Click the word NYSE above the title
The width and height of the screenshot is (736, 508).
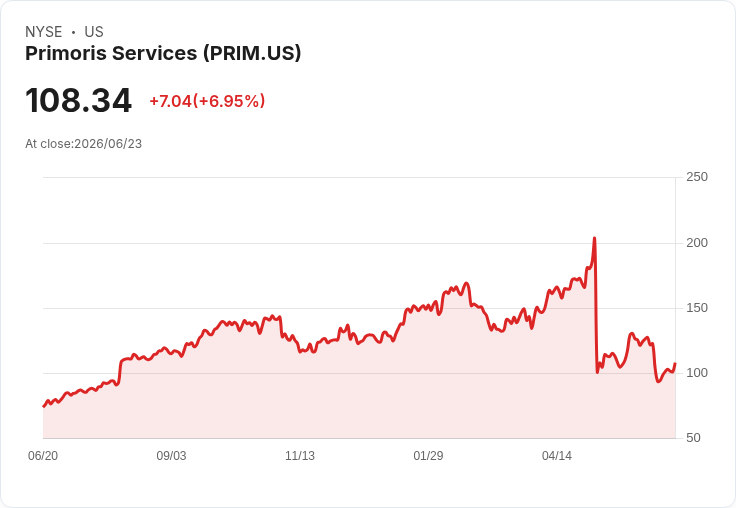click(44, 32)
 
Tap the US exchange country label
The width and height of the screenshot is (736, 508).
click(94, 32)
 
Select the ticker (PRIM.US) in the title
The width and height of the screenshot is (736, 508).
click(252, 54)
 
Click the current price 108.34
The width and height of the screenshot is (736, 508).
click(78, 100)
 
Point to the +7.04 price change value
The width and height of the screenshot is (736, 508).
click(170, 101)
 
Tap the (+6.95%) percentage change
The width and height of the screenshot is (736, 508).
click(229, 101)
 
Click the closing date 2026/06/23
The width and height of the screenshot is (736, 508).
click(108, 144)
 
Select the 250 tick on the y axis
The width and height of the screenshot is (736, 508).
click(697, 177)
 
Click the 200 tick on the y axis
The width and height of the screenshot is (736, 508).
click(697, 243)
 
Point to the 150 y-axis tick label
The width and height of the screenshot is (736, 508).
click(697, 308)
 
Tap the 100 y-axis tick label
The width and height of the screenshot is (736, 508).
click(697, 373)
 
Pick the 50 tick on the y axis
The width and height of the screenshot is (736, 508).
click(693, 438)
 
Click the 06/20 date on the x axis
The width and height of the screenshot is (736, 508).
click(43, 456)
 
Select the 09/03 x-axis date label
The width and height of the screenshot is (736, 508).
click(171, 456)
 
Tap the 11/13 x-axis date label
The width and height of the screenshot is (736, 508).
click(300, 456)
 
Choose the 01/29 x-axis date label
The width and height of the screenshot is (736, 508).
click(428, 456)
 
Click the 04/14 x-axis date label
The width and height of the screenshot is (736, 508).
click(557, 456)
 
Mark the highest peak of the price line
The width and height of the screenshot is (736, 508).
click(594, 238)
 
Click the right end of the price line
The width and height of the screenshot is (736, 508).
click(675, 363)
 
